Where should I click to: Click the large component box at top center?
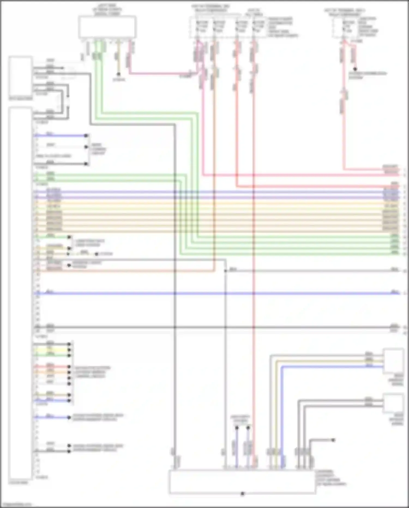tap(107, 27)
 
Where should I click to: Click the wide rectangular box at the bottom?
tap(242, 482)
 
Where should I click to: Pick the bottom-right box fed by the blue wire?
tap(393, 361)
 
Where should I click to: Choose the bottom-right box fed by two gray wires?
tap(393, 403)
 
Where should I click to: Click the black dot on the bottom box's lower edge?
tap(242, 494)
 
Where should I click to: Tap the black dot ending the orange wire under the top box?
tap(118, 74)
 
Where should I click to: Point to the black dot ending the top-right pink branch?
tap(355, 69)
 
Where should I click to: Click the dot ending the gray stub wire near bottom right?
tap(333, 440)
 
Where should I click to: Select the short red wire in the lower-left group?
tap(52, 367)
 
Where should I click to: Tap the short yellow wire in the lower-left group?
tap(52, 350)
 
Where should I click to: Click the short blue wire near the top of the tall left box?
tap(60, 135)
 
